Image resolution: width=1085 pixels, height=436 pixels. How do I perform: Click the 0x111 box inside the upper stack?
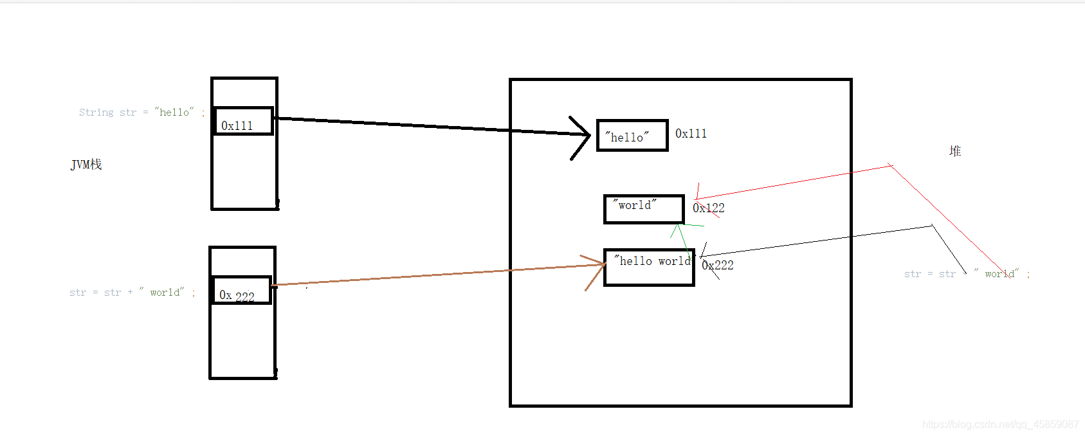click(243, 122)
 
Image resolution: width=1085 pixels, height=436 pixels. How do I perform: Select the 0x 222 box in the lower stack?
click(241, 291)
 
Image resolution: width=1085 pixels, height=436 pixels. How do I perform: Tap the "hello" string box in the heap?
click(632, 136)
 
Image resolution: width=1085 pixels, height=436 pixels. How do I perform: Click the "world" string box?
click(644, 209)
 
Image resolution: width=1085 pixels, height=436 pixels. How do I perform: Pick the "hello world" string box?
click(649, 268)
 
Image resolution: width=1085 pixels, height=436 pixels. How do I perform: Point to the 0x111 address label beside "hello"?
click(691, 134)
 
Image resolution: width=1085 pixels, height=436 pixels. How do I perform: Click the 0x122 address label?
click(709, 208)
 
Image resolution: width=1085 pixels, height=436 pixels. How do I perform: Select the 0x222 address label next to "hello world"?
click(718, 265)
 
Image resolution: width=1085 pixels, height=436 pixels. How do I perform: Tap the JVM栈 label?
click(86, 165)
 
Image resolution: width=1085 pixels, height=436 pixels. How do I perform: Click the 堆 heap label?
click(955, 151)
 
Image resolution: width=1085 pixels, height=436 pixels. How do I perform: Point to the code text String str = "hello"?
click(141, 113)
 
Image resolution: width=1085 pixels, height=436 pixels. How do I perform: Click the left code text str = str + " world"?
click(132, 293)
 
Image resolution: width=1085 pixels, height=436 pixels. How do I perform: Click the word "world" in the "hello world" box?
click(674, 261)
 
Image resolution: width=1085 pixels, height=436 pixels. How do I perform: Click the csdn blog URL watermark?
click(1000, 424)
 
